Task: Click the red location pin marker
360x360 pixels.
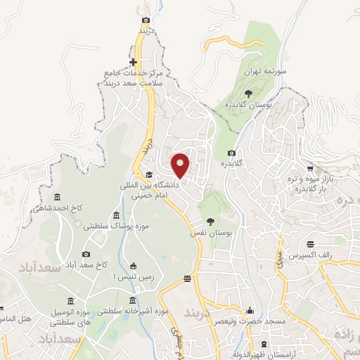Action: [181, 165]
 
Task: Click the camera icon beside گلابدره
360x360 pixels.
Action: [231, 153]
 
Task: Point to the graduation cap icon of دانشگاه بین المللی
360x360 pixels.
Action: [149, 175]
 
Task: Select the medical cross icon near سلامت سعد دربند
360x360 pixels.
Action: [134, 63]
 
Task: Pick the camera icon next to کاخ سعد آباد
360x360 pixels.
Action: [86, 254]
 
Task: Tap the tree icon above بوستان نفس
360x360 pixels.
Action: [211, 222]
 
